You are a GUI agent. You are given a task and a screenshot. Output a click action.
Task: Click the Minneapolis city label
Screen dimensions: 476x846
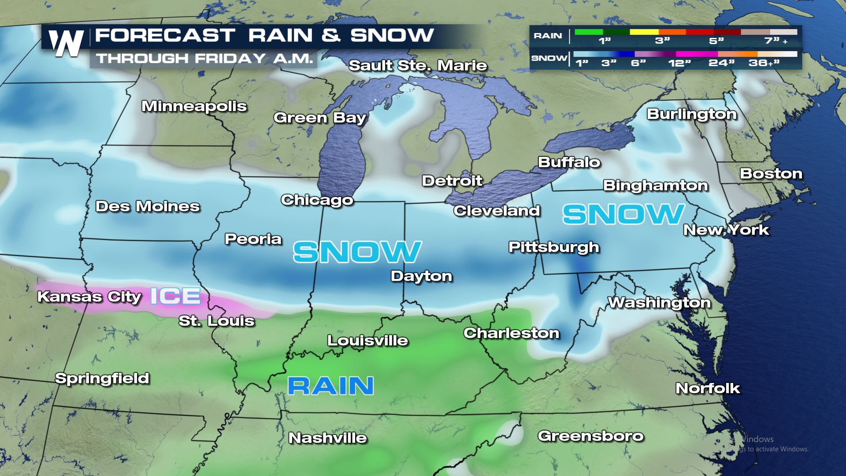(194, 106)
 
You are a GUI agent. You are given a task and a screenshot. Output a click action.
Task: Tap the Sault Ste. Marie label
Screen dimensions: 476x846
(418, 66)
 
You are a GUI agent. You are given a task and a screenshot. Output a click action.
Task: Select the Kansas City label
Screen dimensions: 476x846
(89, 297)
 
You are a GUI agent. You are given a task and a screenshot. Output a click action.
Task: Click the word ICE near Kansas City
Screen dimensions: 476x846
(175, 296)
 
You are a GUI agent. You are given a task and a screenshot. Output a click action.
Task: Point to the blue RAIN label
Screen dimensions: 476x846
(330, 386)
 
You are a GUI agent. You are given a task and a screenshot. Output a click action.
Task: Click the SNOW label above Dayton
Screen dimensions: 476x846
(357, 252)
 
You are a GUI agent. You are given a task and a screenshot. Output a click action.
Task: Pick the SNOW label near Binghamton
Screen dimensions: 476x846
(623, 214)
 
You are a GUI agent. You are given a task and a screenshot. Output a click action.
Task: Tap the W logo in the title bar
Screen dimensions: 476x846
(66, 43)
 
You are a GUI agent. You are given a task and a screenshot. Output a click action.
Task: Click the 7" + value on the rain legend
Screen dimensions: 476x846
(776, 41)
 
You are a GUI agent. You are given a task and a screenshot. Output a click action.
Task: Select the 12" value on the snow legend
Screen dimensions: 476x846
(679, 63)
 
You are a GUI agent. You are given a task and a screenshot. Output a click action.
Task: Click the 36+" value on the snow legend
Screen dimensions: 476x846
(764, 63)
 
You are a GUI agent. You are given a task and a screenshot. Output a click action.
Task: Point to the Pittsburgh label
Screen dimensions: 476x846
(554, 247)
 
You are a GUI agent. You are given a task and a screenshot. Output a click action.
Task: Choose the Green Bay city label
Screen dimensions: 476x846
(320, 118)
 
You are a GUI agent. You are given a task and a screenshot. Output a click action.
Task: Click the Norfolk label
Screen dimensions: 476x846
(708, 388)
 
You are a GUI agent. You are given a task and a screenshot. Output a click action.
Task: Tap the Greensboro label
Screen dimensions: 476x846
(590, 436)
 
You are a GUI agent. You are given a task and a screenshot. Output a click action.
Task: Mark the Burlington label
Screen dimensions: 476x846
(691, 114)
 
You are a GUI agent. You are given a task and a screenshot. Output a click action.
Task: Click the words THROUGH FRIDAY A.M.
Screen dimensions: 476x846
(204, 59)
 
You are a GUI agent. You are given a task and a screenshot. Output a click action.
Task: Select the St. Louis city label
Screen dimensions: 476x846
(216, 321)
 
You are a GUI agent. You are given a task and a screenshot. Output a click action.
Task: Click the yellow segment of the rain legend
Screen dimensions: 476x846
(644, 32)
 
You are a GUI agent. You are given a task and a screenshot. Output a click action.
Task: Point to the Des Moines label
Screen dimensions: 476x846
(148, 206)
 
